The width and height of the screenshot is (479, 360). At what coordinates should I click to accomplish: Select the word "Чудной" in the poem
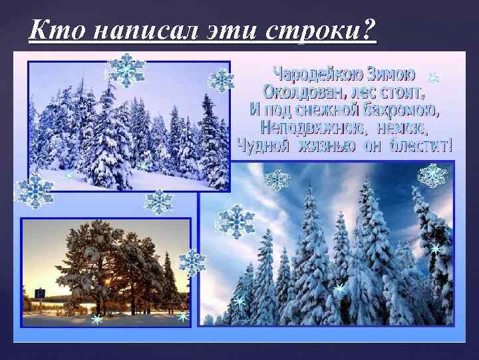(263, 145)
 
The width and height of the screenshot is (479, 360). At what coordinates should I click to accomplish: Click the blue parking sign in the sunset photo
(40, 293)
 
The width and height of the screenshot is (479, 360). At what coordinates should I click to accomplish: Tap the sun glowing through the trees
(108, 283)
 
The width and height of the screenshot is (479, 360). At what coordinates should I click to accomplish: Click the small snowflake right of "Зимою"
(433, 78)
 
